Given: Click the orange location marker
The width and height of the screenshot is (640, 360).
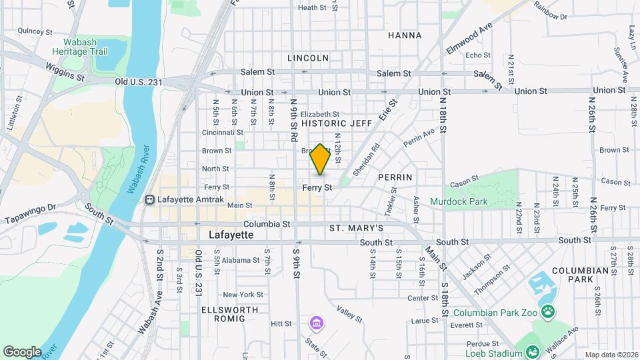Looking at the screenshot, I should click(x=321, y=159).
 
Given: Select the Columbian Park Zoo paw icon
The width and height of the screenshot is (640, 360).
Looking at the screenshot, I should click(x=547, y=311).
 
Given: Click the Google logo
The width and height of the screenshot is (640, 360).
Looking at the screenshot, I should click(x=22, y=352).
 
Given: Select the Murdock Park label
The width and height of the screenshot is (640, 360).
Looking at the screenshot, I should click(x=458, y=201).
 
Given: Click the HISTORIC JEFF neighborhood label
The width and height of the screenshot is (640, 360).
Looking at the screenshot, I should click(x=337, y=123).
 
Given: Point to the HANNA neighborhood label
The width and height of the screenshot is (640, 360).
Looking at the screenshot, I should click(x=405, y=35).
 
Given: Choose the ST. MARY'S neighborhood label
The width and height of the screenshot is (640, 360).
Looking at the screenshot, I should click(x=356, y=228).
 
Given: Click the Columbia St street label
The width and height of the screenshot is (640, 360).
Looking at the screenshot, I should click(x=267, y=225).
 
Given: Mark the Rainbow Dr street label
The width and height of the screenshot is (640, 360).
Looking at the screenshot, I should click(x=549, y=15).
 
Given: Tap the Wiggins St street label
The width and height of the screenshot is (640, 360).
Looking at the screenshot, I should click(x=65, y=72).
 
